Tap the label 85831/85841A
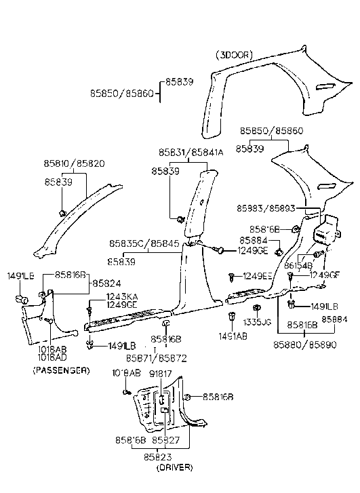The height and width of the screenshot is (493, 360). pos(191,152)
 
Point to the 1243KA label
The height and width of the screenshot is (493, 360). pos(121,297)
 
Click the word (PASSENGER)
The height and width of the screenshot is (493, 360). pos(60,371)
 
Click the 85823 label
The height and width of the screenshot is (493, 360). pos(157,458)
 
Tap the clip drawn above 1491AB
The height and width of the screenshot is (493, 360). pos(231,317)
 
